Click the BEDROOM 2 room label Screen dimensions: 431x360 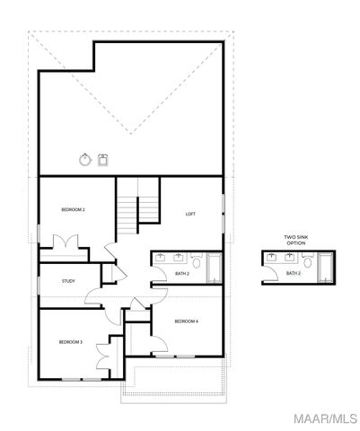pos(73,209)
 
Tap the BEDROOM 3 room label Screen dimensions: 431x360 pos(71,342)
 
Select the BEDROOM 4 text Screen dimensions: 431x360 pos(186,321)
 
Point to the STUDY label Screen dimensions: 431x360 pos(68,281)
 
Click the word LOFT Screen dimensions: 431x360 pos(190,214)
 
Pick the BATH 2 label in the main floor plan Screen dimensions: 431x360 pos(181,273)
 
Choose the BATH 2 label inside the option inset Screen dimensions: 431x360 pos(293,273)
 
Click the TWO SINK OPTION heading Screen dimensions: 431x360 pos(295,240)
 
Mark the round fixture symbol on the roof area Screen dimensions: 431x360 pos(85,161)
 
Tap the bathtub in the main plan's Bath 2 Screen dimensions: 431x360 pos(215,268)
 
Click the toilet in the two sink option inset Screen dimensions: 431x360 pos(308,262)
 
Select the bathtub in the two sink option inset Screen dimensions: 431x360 pos(325,268)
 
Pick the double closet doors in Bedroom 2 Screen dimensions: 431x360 pos(66,242)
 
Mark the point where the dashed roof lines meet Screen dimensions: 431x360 pos(130,134)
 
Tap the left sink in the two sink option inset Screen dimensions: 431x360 pos(271,258)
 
